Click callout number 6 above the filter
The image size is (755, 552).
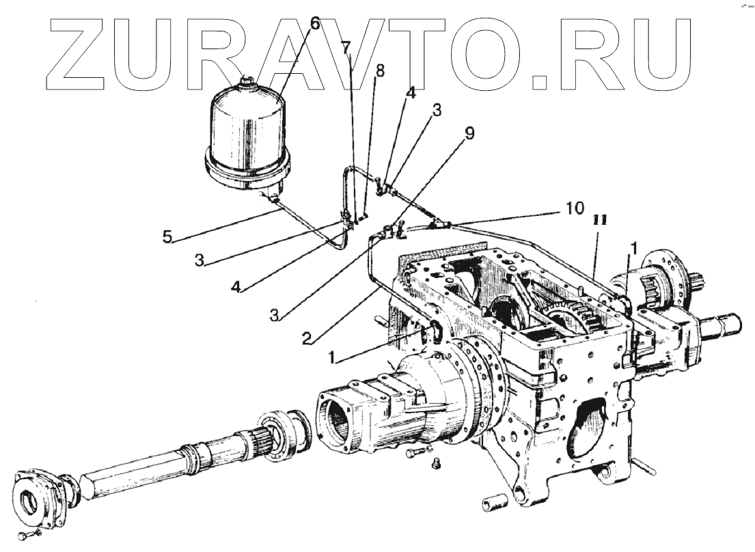(x=314, y=23)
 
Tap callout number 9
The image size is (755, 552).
(x=468, y=134)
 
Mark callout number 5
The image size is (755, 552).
(x=169, y=237)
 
